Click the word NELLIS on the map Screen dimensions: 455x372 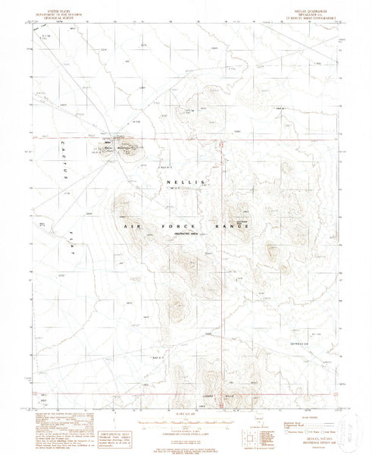tap(184, 181)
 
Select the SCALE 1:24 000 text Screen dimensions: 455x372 tap(183, 402)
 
